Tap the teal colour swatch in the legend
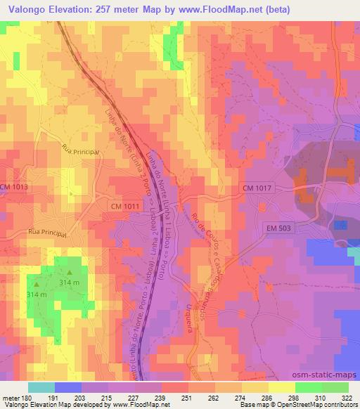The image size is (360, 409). coord(42,387)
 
